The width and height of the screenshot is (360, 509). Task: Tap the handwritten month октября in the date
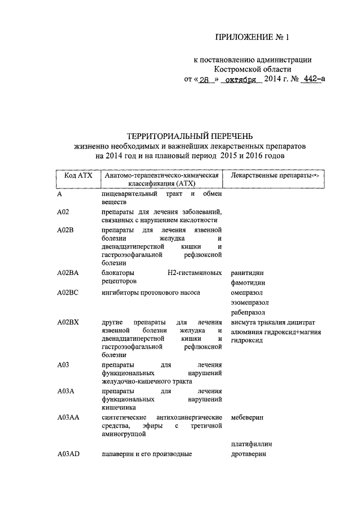(x=240, y=80)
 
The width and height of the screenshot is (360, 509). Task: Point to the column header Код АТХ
(x=78, y=176)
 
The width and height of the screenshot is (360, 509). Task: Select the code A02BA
(x=68, y=273)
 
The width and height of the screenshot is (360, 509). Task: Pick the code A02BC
(x=68, y=293)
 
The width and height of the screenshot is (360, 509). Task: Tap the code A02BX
(x=68, y=322)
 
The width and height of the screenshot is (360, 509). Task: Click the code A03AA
(x=68, y=418)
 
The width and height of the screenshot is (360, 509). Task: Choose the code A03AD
(x=69, y=454)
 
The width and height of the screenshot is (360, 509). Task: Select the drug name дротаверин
(x=248, y=454)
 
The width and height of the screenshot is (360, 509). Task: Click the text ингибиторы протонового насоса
(x=151, y=293)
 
